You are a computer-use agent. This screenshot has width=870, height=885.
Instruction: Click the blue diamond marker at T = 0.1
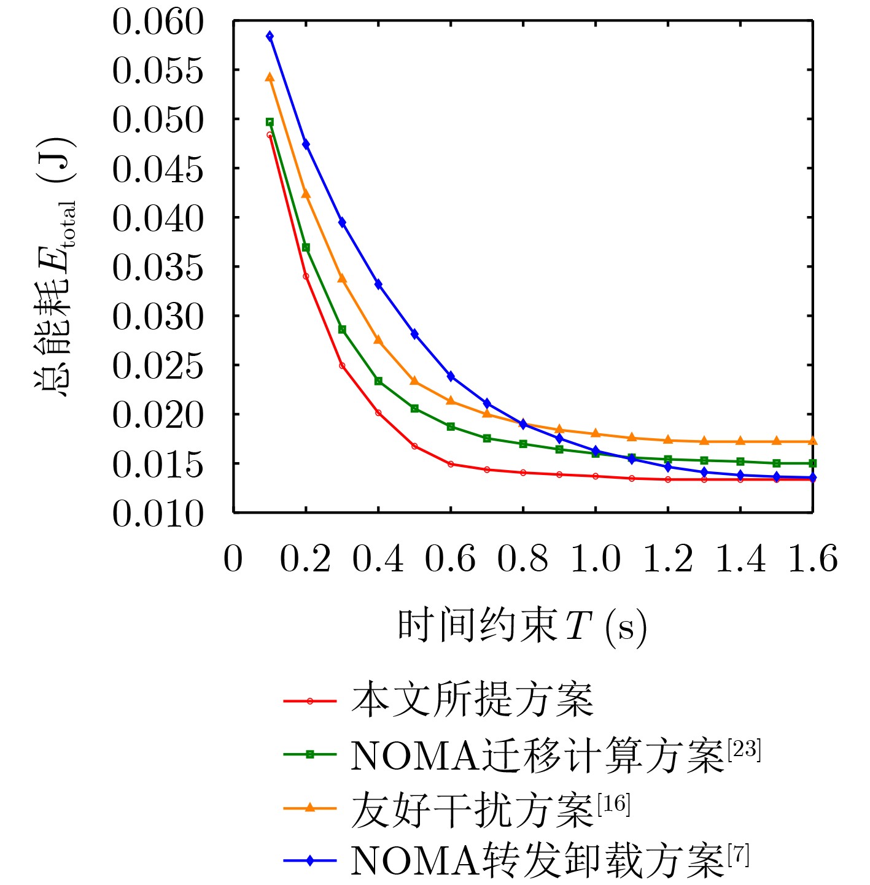[x=270, y=36]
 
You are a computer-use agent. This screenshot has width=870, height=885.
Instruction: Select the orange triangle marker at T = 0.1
[x=270, y=77]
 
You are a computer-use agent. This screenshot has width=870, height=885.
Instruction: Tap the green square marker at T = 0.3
[x=342, y=330]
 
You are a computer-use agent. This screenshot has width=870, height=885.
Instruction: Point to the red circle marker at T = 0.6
[x=451, y=464]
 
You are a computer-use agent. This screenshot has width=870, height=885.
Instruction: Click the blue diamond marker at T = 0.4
[x=378, y=284]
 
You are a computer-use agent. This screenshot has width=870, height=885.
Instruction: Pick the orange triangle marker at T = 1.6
[x=812, y=441]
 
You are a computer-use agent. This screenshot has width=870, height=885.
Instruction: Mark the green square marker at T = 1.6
[x=812, y=463]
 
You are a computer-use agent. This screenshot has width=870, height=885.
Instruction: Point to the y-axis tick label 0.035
[x=157, y=268]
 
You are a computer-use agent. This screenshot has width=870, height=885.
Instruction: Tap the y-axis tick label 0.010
[x=157, y=514]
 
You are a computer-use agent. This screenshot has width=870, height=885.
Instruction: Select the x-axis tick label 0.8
[x=522, y=559]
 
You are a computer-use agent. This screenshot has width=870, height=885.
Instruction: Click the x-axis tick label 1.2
[x=667, y=559]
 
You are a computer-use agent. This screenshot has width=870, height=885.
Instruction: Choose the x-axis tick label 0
[x=233, y=559]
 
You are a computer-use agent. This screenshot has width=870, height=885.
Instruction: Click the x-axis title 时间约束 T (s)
[x=522, y=626]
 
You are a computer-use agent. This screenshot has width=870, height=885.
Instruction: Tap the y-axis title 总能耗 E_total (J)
[x=55, y=267]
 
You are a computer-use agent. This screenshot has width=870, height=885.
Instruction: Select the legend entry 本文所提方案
[x=472, y=700]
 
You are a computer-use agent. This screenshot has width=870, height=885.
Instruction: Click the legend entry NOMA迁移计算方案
[x=537, y=755]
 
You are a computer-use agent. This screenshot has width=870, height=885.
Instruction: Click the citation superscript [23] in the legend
[x=744, y=749]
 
